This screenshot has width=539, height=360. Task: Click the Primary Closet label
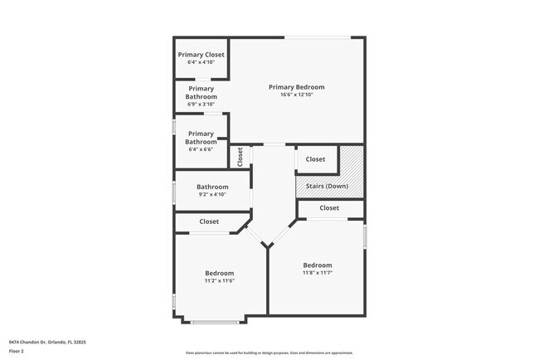pos(201,55)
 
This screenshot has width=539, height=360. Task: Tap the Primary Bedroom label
pos(296,87)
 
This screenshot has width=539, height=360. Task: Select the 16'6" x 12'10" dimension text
pos(296,95)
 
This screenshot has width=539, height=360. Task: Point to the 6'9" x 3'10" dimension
pos(201,105)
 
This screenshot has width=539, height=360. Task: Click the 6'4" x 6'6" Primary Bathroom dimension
pos(201,149)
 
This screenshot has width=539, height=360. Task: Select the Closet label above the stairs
pos(315,159)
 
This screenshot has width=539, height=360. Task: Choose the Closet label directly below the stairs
pos(329,208)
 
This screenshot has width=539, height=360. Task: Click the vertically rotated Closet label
pos(240,156)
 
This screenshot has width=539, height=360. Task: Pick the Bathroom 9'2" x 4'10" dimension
pos(212,195)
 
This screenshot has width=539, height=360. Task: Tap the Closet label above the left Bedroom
pos(209,221)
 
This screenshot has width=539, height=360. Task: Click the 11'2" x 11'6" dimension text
pos(219,281)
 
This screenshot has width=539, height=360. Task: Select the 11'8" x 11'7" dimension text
pos(317,273)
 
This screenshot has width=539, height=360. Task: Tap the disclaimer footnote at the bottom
pos(269,352)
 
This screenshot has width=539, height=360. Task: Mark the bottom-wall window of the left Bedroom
pos(213,321)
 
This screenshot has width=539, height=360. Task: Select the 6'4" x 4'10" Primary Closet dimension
pos(201,62)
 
